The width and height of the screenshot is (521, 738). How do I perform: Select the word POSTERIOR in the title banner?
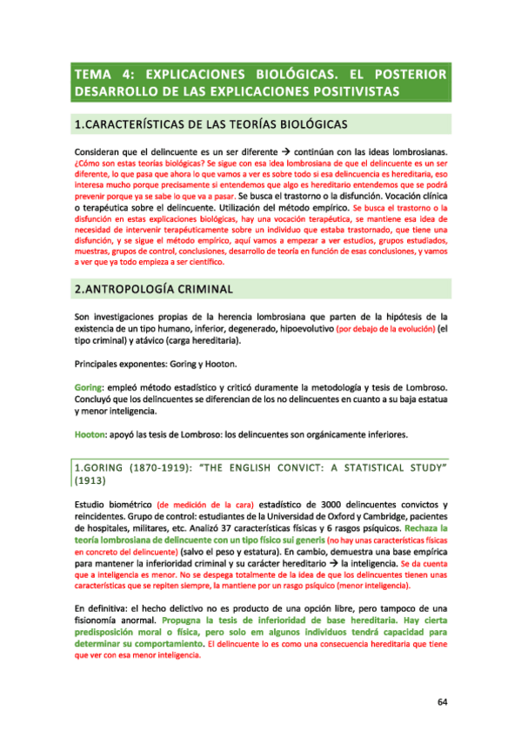pyautogui.click(x=410, y=73)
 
